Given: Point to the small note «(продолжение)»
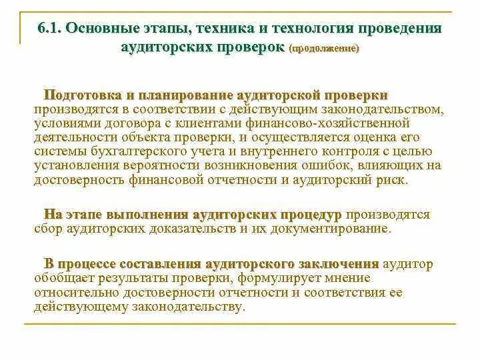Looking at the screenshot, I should (323, 49).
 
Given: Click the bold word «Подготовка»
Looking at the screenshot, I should (83, 96).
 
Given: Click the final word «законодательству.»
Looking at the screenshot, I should (186, 306).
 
